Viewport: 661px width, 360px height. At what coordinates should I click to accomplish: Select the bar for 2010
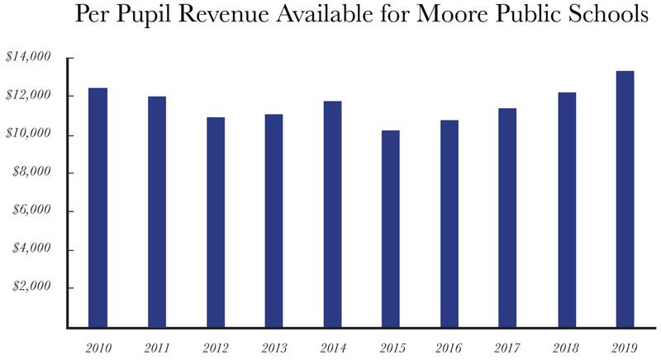pyautogui.click(x=97, y=207)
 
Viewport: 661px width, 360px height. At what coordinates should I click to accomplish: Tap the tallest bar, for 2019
pyautogui.click(x=625, y=199)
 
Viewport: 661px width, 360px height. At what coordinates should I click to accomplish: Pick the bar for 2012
pyautogui.click(x=215, y=222)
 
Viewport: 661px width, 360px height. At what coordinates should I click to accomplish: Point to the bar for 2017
pyautogui.click(x=507, y=218)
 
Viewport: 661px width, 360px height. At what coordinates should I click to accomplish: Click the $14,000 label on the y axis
pyautogui.click(x=28, y=58)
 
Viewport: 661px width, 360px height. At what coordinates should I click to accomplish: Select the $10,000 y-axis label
pyautogui.click(x=28, y=135)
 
